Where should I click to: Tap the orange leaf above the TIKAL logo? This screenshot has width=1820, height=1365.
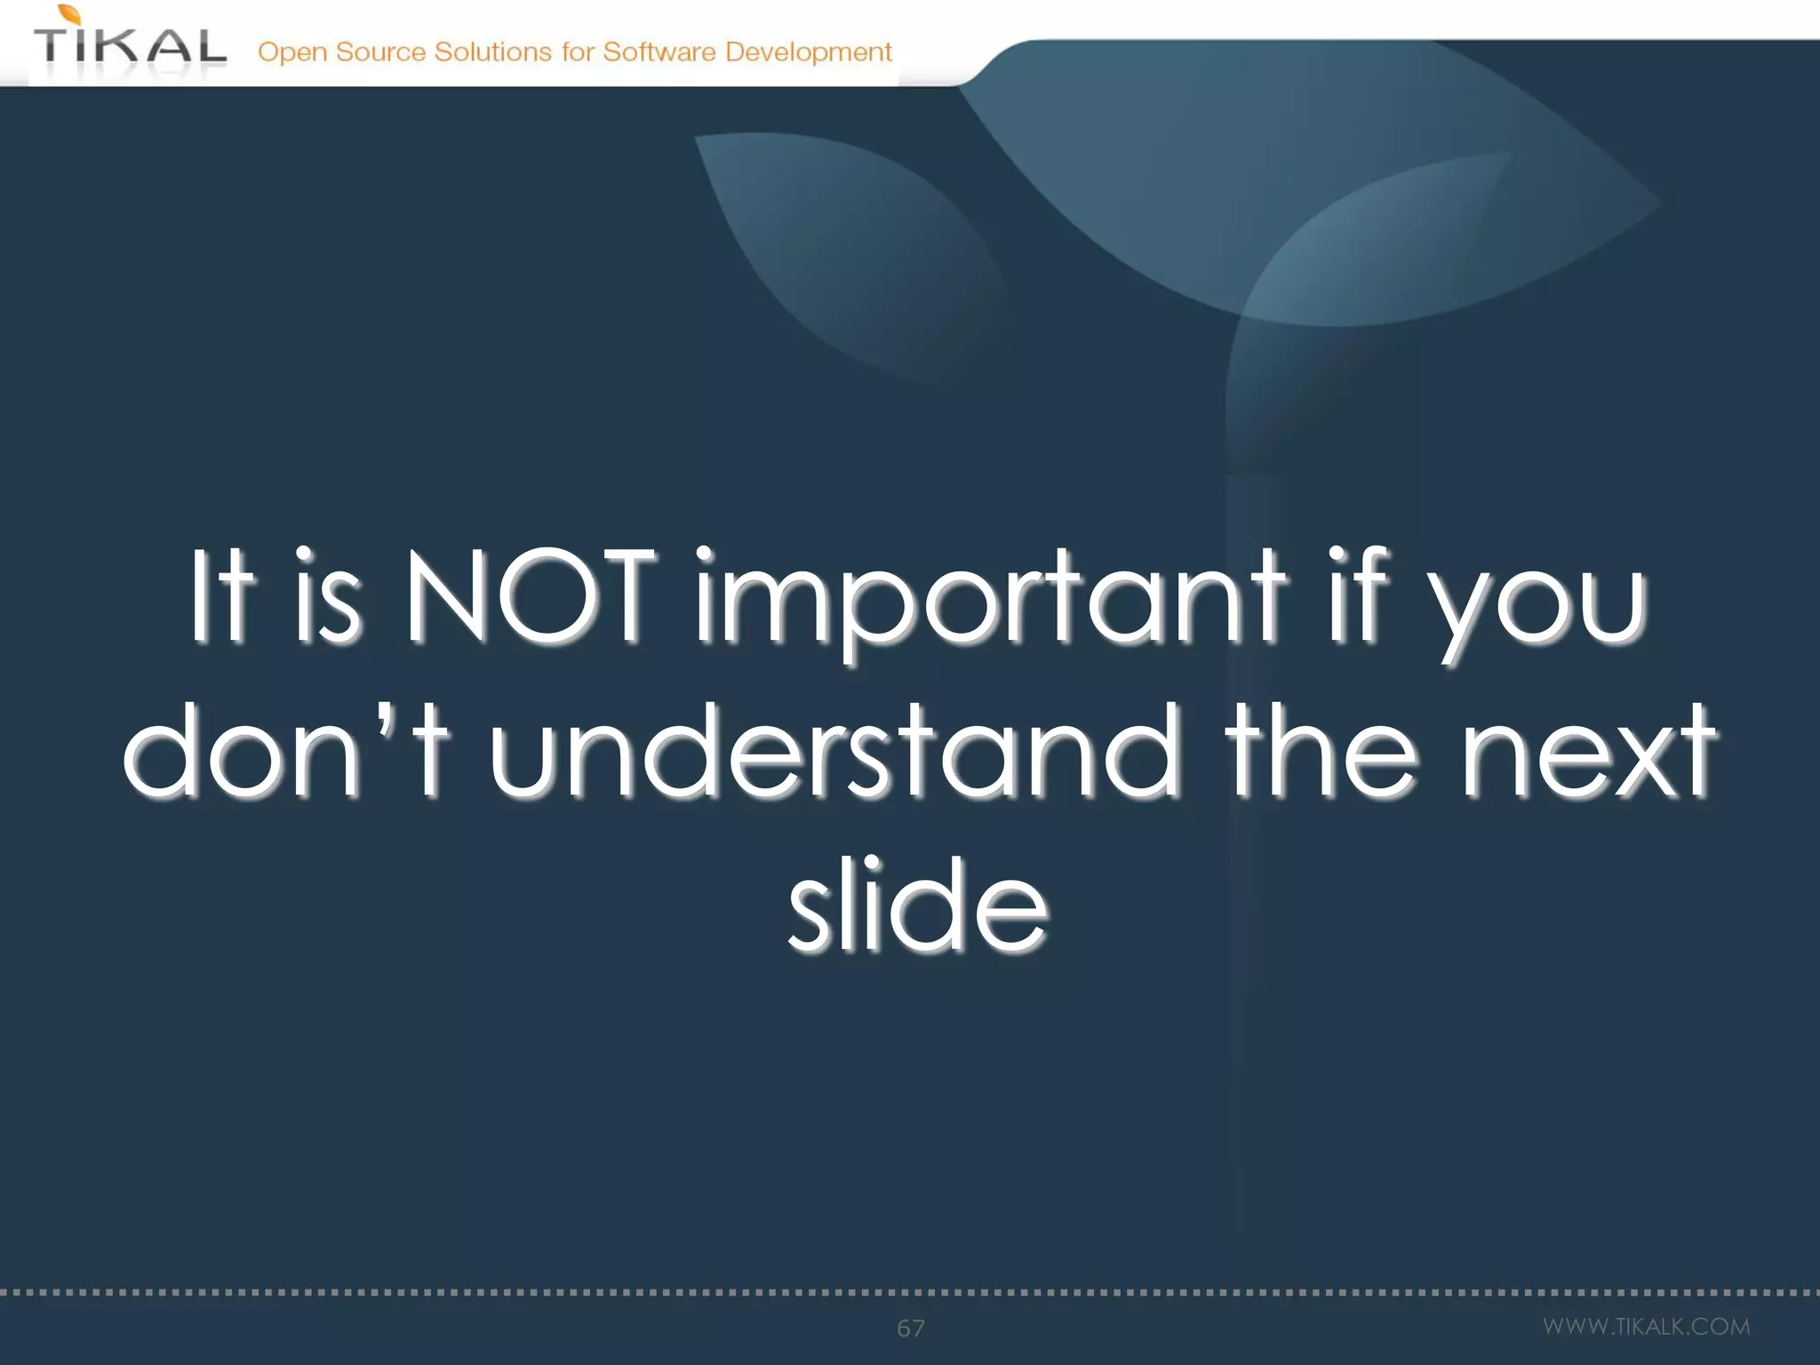[70, 14]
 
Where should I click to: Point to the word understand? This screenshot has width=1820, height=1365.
[834, 751]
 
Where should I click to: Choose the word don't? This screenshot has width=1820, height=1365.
[286, 751]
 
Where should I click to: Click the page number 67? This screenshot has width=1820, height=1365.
[910, 1328]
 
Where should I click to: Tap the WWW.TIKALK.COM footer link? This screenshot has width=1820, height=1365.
[1646, 1326]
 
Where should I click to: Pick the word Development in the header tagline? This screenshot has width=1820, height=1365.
[808, 52]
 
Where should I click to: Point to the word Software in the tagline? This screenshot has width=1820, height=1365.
[659, 52]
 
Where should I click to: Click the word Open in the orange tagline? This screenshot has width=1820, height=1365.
[292, 53]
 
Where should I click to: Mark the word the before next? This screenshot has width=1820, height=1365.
[1321, 751]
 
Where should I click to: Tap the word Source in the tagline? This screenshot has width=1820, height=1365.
[380, 52]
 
